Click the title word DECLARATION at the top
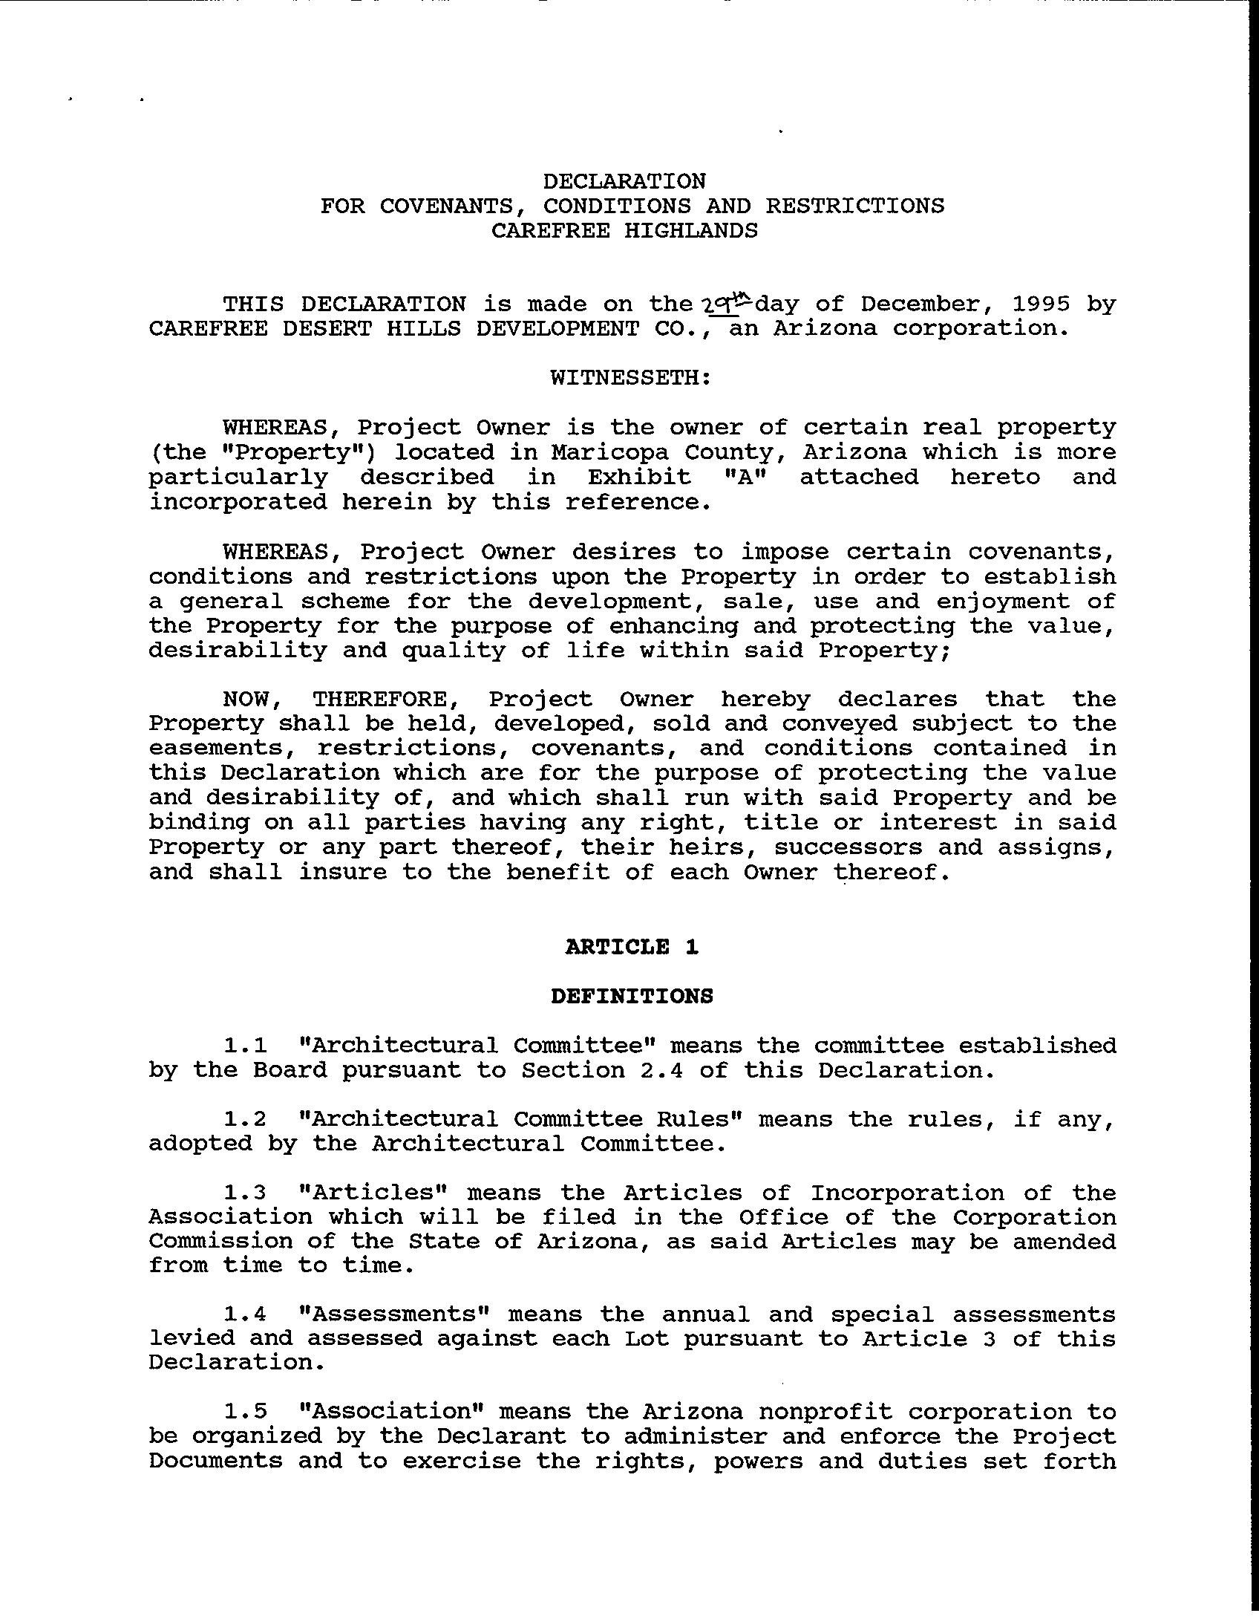tap(624, 181)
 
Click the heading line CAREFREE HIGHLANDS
tap(624, 230)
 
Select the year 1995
tap(1041, 304)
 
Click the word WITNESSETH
tap(630, 377)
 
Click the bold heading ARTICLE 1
tap(632, 947)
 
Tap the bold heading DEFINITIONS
tap(632, 996)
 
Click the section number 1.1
tap(245, 1046)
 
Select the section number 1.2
tap(245, 1119)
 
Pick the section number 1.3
tap(245, 1193)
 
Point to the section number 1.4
tap(245, 1314)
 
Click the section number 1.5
tap(245, 1412)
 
